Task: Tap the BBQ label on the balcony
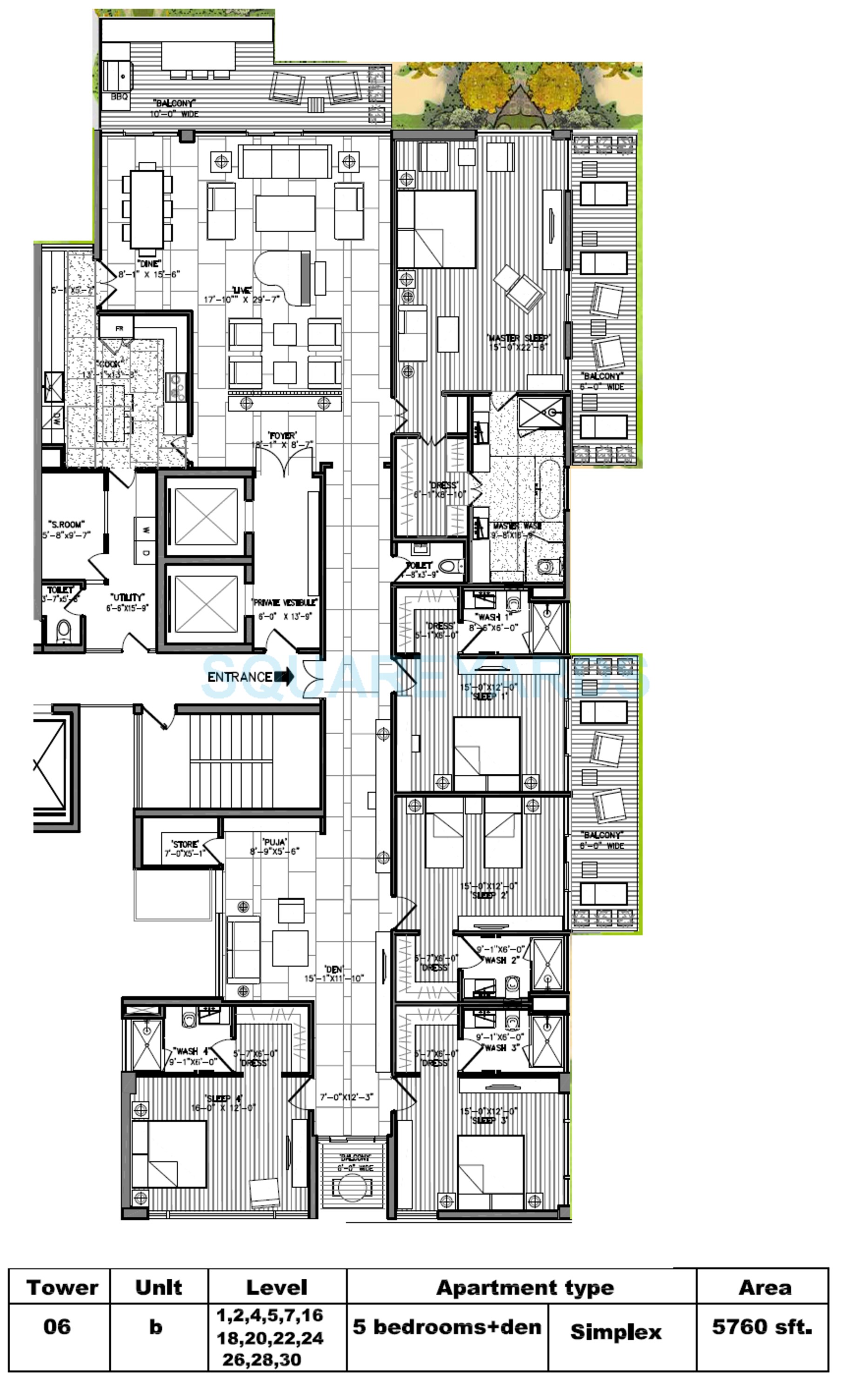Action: (120, 97)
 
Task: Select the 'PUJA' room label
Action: (275, 841)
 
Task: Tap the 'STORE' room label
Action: (185, 844)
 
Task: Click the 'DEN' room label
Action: (334, 969)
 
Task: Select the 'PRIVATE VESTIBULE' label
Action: (285, 602)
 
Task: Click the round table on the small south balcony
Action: (352, 1186)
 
